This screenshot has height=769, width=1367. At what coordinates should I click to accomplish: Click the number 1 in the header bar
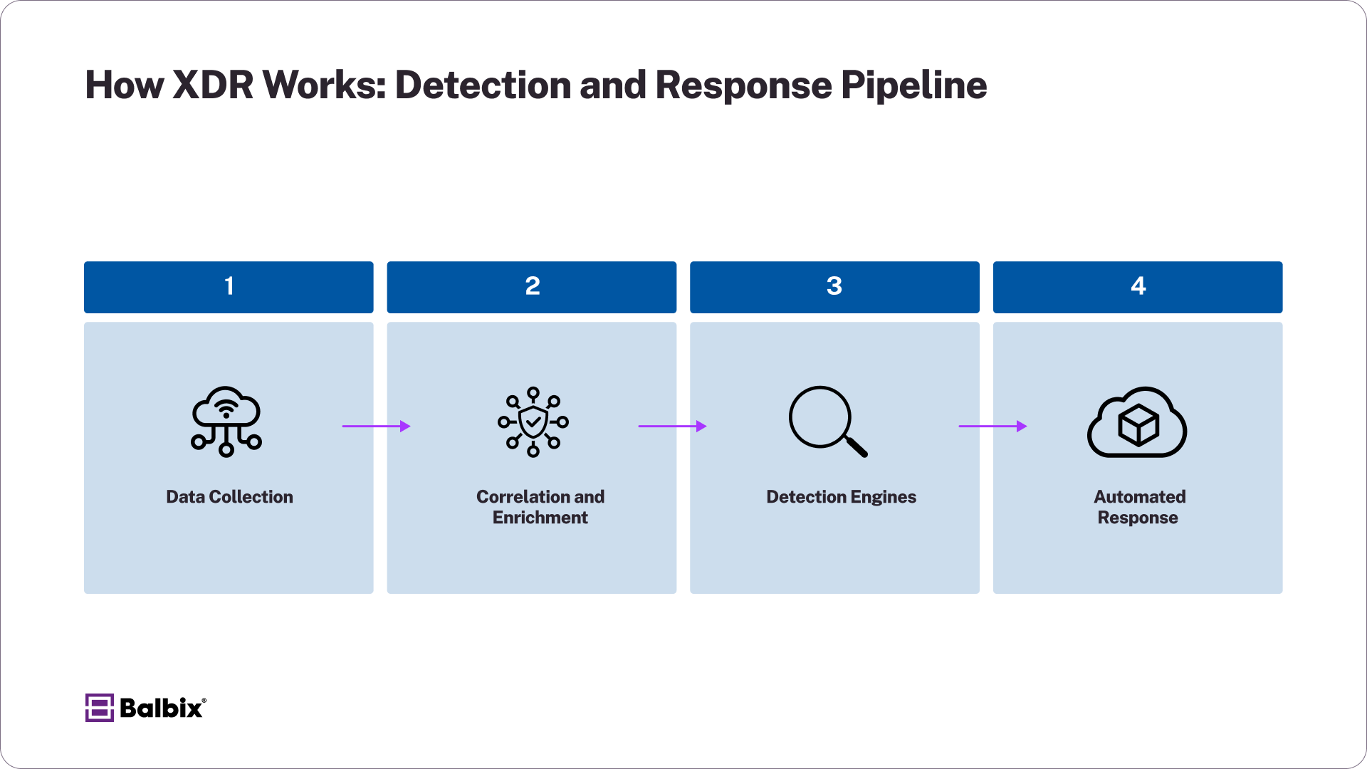tap(229, 286)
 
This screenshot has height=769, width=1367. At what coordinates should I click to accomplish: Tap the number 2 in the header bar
tap(532, 286)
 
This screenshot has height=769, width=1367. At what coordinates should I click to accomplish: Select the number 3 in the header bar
tap(834, 286)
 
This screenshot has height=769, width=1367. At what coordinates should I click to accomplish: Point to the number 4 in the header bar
tap(1138, 286)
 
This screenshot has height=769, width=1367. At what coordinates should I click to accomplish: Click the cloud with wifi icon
tap(226, 422)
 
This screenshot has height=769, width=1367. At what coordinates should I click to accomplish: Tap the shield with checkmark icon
tap(533, 422)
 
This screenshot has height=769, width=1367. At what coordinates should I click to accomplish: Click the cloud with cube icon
tap(1137, 423)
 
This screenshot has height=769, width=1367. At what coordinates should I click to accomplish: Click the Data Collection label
tap(229, 497)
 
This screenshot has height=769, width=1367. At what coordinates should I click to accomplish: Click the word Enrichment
tap(540, 518)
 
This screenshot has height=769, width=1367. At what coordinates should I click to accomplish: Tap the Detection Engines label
tap(841, 497)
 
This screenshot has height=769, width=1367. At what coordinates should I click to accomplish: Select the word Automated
tap(1139, 497)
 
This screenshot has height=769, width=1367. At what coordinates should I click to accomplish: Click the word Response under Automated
tap(1137, 518)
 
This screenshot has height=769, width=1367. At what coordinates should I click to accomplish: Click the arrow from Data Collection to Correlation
tap(376, 427)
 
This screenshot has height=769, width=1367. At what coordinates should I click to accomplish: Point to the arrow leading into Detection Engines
tap(672, 427)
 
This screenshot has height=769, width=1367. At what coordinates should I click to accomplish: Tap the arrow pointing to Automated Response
tap(992, 427)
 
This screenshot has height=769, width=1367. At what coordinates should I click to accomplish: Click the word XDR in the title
tap(213, 85)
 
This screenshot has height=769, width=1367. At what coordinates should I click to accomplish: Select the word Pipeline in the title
tap(913, 85)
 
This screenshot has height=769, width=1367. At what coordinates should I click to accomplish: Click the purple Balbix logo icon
tap(99, 708)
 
